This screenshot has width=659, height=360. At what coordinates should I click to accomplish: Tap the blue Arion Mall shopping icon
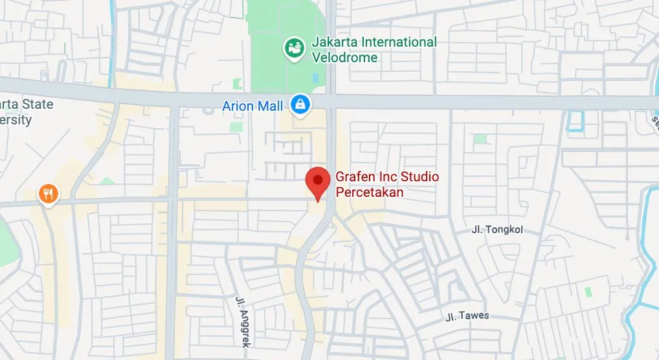point(300,104)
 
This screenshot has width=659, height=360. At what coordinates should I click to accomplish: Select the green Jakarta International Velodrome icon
point(295,47)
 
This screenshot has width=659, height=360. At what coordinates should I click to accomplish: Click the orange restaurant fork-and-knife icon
point(49,193)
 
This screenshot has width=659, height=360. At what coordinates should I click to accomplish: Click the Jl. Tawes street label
point(467,316)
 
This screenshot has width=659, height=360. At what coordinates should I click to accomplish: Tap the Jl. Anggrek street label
point(240,322)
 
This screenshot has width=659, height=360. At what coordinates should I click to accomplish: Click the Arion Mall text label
point(252,106)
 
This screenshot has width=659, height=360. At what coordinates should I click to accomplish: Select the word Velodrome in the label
point(344,57)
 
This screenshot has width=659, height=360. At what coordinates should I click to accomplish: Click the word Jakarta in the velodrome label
point(335,42)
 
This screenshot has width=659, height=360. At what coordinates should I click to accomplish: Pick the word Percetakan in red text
point(370,192)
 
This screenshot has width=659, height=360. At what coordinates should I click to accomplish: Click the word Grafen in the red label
point(353,177)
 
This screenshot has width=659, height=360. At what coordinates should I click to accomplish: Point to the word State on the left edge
point(38,104)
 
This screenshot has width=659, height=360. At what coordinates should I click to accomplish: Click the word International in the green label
point(399,42)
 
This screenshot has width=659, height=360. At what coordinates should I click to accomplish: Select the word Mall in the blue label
point(271,106)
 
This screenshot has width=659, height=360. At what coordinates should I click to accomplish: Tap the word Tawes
point(474,316)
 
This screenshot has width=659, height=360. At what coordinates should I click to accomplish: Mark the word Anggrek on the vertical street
point(240,326)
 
